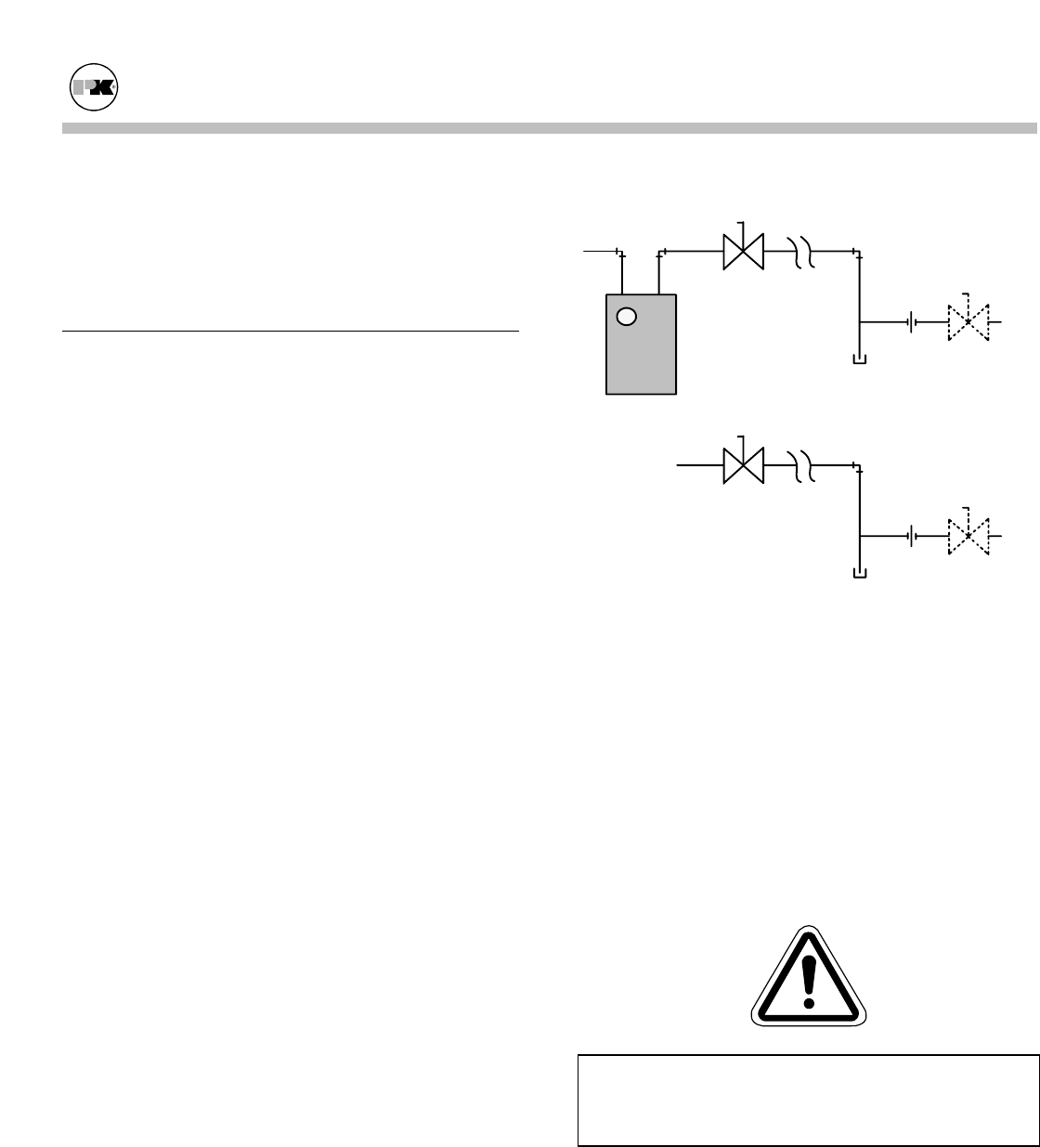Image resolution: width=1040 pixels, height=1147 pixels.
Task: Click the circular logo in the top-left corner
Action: click(x=96, y=89)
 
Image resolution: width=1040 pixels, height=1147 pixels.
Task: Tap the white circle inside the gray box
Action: click(x=627, y=317)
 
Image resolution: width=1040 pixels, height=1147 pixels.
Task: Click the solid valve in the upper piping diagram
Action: click(x=743, y=251)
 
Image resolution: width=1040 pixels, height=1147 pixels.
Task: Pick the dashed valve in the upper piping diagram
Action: click(x=968, y=323)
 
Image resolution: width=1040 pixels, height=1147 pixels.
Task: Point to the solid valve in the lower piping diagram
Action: click(x=743, y=463)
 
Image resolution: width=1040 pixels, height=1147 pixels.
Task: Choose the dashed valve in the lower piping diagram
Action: click(x=968, y=536)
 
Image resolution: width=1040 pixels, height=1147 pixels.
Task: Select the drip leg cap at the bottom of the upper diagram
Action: click(x=860, y=359)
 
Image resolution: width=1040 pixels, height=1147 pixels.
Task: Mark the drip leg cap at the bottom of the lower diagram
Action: click(x=860, y=572)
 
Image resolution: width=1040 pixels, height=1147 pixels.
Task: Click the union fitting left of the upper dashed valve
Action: click(x=915, y=323)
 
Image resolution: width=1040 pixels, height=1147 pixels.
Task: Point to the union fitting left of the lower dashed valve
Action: click(x=915, y=536)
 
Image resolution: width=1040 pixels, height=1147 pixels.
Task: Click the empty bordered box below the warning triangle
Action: click(x=807, y=1100)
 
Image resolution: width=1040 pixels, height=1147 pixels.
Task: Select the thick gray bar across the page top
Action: click(x=548, y=128)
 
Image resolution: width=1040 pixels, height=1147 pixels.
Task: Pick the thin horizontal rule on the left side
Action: click(x=290, y=330)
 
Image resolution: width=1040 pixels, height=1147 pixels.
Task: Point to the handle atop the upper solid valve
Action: click(x=741, y=227)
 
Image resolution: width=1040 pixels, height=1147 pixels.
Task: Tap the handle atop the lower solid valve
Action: click(x=741, y=439)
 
